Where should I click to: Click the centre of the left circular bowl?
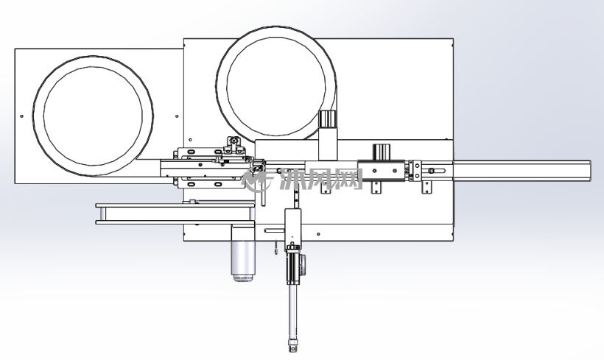click(93, 116)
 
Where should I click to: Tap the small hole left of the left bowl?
click(21, 116)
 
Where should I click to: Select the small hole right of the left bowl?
click(177, 116)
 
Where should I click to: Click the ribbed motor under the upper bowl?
click(328, 119)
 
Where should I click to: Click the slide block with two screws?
click(382, 170)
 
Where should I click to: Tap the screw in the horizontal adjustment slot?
click(431, 171)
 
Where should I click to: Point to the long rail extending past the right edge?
click(522, 171)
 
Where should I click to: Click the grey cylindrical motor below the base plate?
click(243, 254)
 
